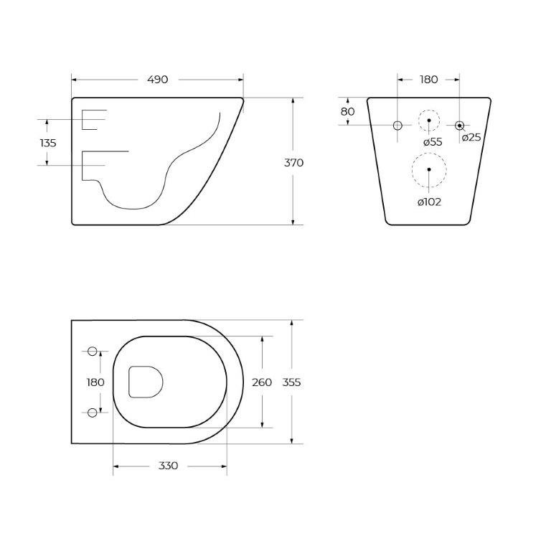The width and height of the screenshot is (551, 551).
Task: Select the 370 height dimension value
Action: click(x=294, y=163)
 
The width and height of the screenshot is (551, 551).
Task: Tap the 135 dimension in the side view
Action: click(x=47, y=143)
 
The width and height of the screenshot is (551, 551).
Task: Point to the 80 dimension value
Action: click(x=347, y=112)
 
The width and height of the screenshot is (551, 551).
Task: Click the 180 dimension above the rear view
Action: click(x=428, y=80)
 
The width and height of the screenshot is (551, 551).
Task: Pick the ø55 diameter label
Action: click(x=432, y=142)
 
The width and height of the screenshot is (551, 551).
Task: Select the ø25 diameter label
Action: click(x=471, y=138)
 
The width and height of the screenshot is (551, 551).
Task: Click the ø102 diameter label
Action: click(x=429, y=202)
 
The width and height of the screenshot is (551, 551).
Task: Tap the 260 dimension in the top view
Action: click(x=262, y=382)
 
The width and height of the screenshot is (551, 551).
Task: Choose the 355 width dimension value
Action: click(x=291, y=382)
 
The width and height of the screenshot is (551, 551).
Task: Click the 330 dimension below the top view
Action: click(x=168, y=466)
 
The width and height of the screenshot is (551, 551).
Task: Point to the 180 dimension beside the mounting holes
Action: click(x=95, y=382)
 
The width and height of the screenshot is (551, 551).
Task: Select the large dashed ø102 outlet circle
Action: click(x=429, y=170)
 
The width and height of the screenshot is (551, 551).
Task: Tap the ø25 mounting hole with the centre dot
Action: click(x=460, y=126)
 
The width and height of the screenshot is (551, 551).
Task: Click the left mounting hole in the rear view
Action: click(x=397, y=126)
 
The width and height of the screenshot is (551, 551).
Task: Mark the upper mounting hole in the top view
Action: click(x=92, y=351)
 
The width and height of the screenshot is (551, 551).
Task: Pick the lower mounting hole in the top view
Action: click(x=92, y=412)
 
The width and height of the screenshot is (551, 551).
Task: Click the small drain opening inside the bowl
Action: click(x=146, y=382)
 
